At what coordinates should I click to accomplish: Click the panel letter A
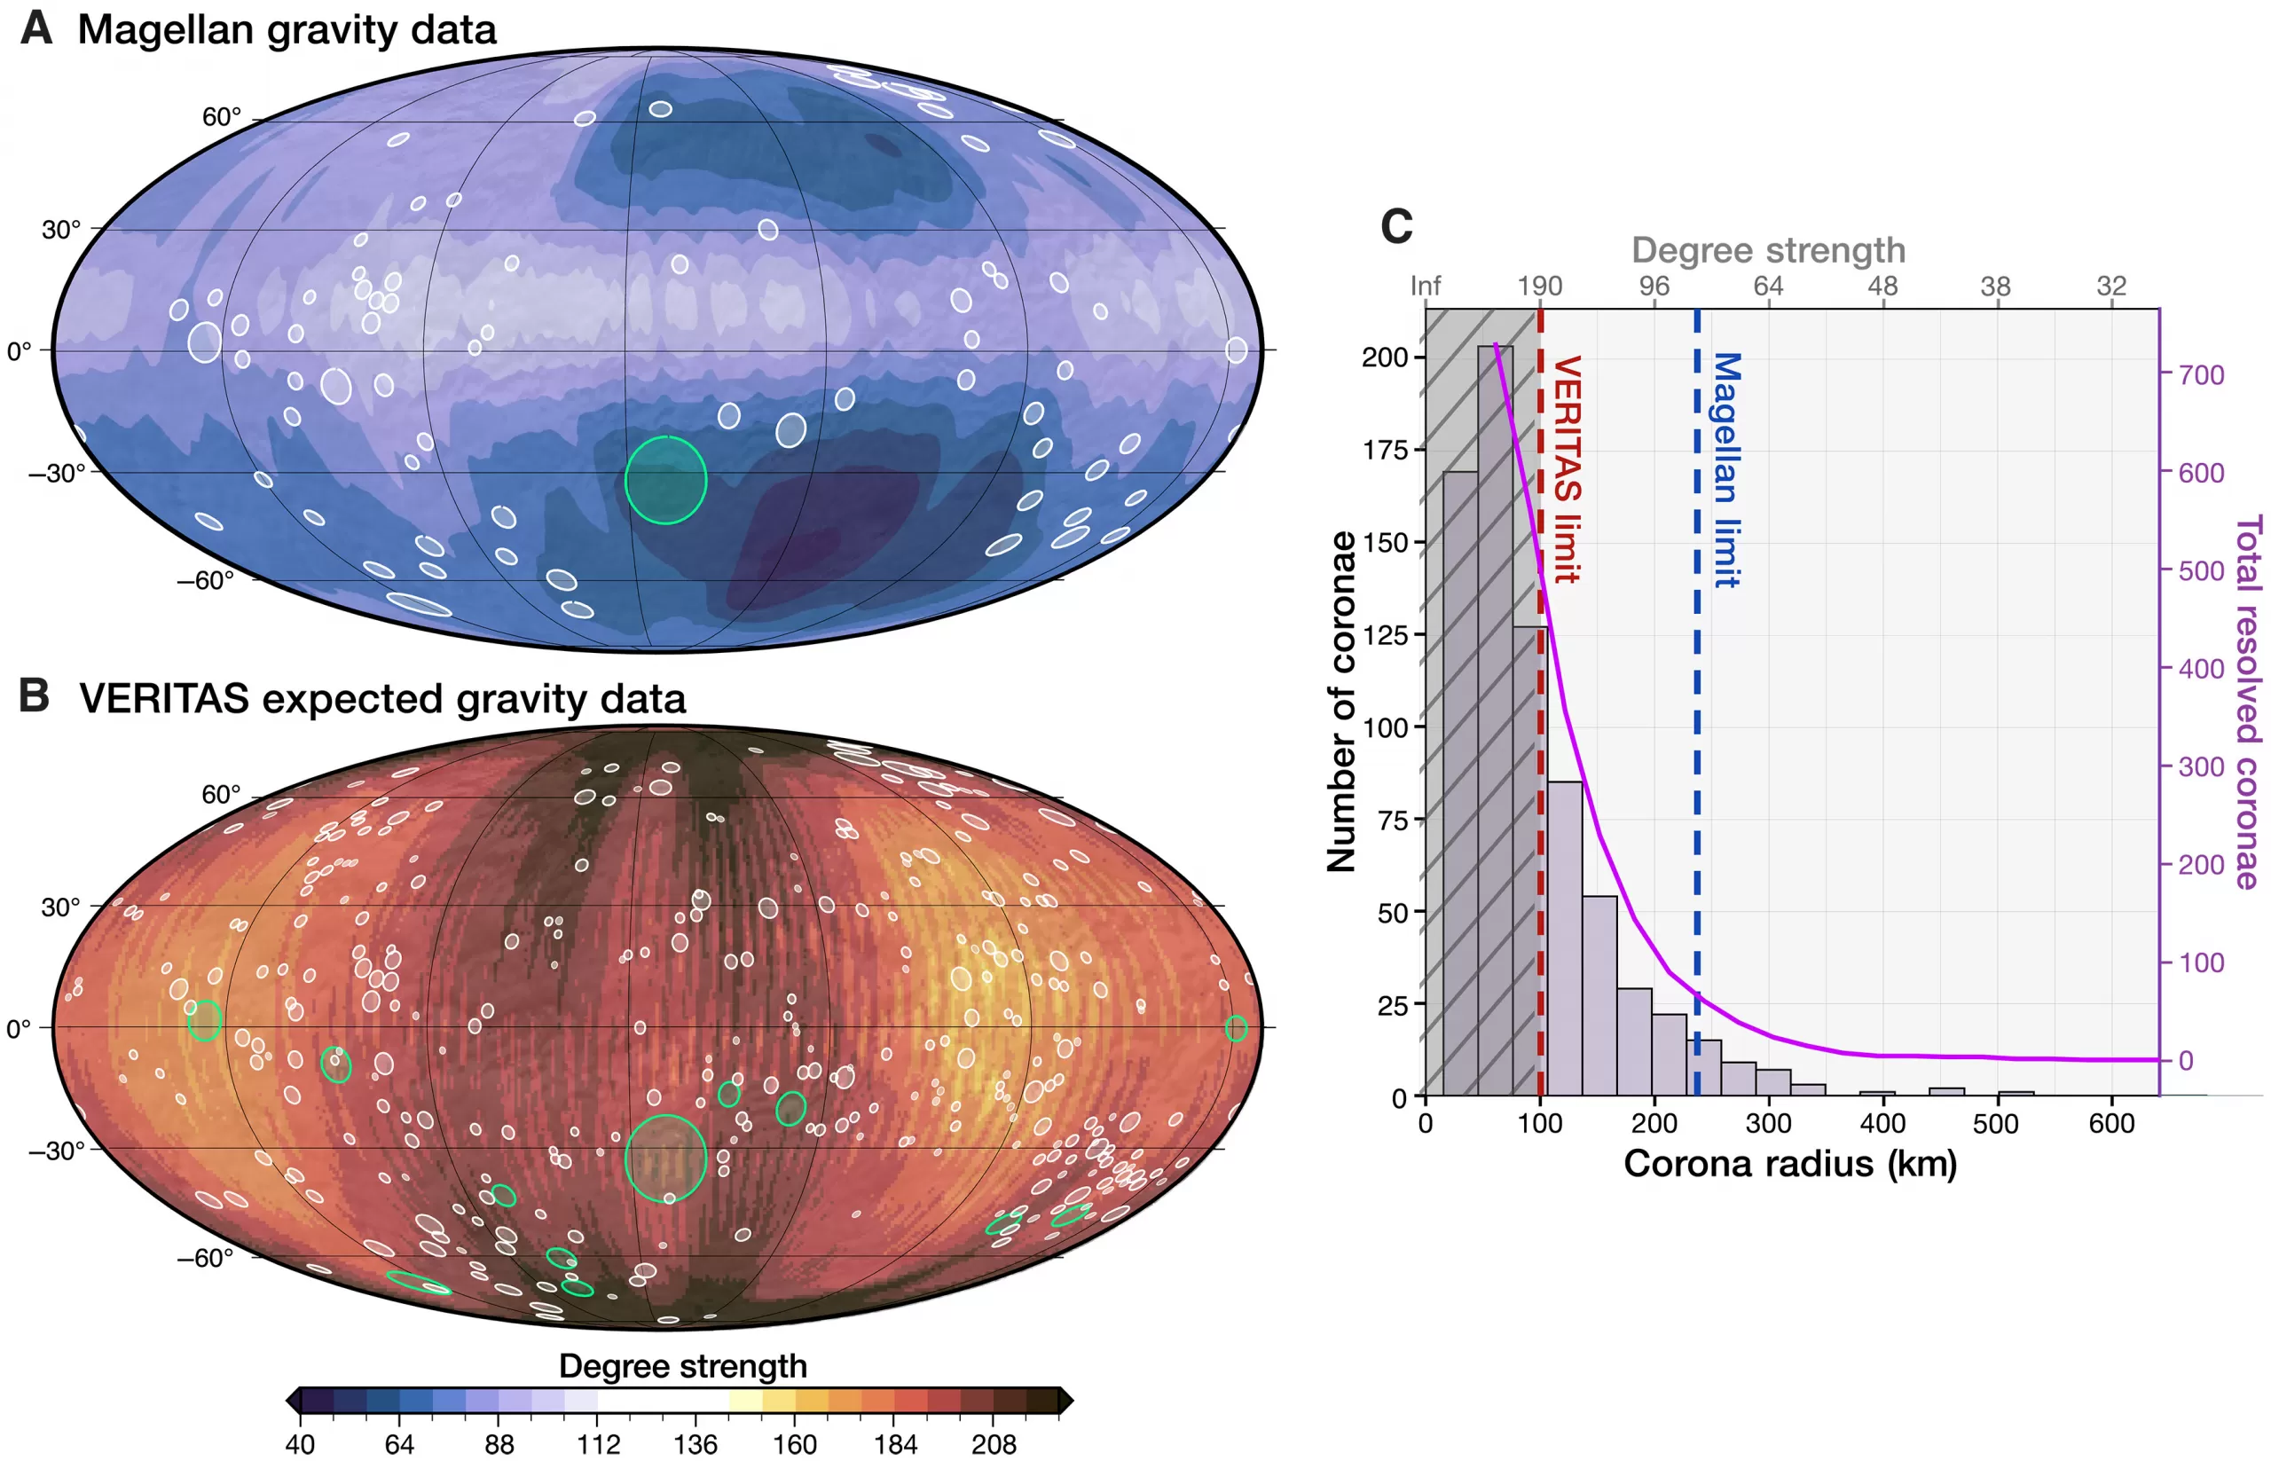point(36,27)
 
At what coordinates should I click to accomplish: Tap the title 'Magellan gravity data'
point(287,29)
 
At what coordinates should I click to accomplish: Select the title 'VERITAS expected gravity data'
point(381,698)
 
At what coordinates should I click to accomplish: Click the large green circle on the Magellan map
point(666,480)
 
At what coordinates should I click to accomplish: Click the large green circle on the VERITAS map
point(666,1159)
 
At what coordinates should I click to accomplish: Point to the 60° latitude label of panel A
point(221,117)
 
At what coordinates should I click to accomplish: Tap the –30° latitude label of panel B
point(56,1150)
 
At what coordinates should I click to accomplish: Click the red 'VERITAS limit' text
point(1566,468)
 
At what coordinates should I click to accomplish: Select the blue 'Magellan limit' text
point(1725,469)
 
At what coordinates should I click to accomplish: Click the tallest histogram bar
point(1495,721)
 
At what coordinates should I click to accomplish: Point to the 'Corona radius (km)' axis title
point(1790,1163)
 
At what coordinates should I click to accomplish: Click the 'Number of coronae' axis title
point(1341,701)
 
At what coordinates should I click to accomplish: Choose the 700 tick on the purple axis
point(2201,374)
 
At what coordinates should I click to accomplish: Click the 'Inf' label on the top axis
point(1425,285)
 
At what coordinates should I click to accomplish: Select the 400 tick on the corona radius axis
point(1882,1123)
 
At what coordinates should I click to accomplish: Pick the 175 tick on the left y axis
point(1385,450)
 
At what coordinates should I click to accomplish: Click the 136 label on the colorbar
point(695,1444)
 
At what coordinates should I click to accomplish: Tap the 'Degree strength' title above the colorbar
point(682,1365)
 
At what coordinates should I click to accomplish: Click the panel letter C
point(1395,226)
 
